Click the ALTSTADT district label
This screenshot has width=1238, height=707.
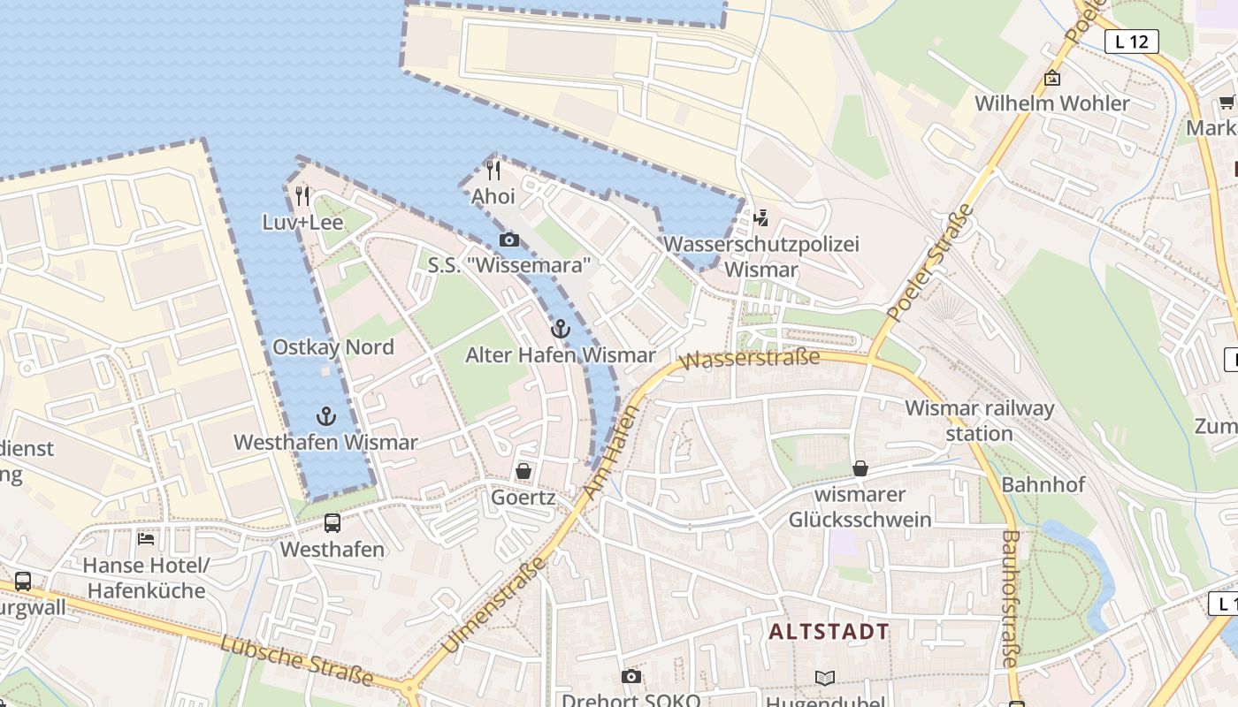pyautogui.click(x=829, y=632)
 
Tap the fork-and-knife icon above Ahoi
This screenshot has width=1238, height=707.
pyautogui.click(x=493, y=170)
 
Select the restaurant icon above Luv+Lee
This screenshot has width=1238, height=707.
pyautogui.click(x=302, y=195)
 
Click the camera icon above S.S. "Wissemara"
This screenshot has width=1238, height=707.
pyautogui.click(x=508, y=239)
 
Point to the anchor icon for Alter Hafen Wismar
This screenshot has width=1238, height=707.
pyautogui.click(x=560, y=330)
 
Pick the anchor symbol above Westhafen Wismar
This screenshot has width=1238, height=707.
pyautogui.click(x=326, y=416)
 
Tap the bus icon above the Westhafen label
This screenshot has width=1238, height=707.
pyautogui.click(x=332, y=523)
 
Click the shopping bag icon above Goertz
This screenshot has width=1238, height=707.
pyautogui.click(x=523, y=471)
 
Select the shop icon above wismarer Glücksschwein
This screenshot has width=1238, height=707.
pyautogui.click(x=860, y=468)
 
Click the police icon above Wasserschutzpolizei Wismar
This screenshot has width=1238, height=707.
pyautogui.click(x=760, y=217)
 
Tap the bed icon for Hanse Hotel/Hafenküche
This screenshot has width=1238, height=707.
pyautogui.click(x=146, y=538)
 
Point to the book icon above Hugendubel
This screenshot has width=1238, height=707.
pyautogui.click(x=824, y=678)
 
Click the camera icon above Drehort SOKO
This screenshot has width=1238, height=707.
pyautogui.click(x=630, y=676)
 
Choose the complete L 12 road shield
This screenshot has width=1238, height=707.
pyautogui.click(x=1131, y=41)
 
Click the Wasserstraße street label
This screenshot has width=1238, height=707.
pyautogui.click(x=750, y=359)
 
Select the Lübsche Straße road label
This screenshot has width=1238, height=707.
pyautogui.click(x=296, y=659)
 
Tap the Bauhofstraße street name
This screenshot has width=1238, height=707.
pyautogui.click(x=1010, y=598)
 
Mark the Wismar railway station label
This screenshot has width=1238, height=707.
pyautogui.click(x=979, y=421)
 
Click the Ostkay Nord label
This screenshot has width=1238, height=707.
pyautogui.click(x=333, y=347)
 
